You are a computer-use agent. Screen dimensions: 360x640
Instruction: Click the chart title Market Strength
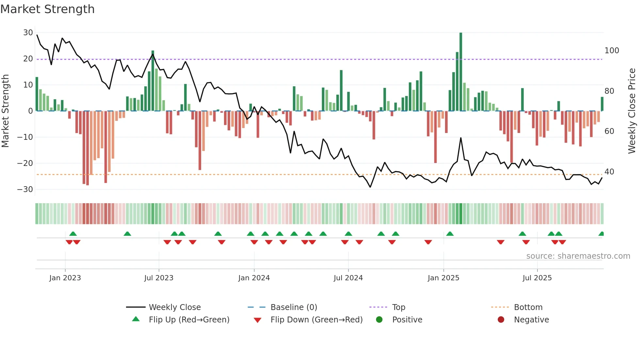coord(47,9)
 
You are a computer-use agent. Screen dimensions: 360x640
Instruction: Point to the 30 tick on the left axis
coord(28,33)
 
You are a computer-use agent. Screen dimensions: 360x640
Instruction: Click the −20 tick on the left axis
coord(25,163)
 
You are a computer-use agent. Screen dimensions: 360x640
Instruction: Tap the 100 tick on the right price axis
coord(612,51)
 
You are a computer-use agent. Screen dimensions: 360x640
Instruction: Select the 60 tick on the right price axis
coord(609,131)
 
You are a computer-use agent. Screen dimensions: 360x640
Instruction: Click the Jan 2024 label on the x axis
coord(254,278)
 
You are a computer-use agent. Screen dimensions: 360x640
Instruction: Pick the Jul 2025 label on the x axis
coord(537,278)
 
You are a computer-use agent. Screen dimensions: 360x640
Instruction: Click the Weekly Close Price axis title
coord(632,111)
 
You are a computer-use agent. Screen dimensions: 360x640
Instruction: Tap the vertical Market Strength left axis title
coord(5,111)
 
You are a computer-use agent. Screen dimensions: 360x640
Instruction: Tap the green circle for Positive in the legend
coord(379,320)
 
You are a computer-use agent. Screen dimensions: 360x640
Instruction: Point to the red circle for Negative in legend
coord(501,320)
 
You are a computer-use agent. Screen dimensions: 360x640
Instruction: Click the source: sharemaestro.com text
coord(578,256)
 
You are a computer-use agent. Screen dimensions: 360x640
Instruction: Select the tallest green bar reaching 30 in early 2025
coord(461,72)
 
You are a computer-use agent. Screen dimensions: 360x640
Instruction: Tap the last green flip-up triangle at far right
coord(601,234)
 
